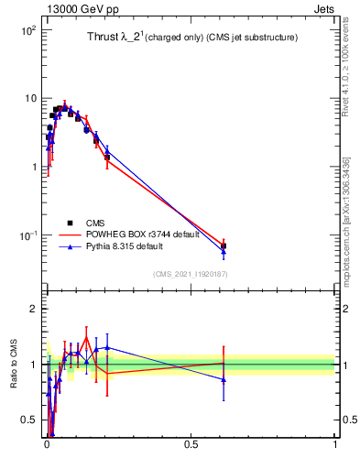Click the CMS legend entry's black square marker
70,223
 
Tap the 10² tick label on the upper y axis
28,30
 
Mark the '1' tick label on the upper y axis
33,167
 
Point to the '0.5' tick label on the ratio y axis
29,420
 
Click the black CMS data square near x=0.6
224,245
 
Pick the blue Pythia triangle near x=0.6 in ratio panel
224,379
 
